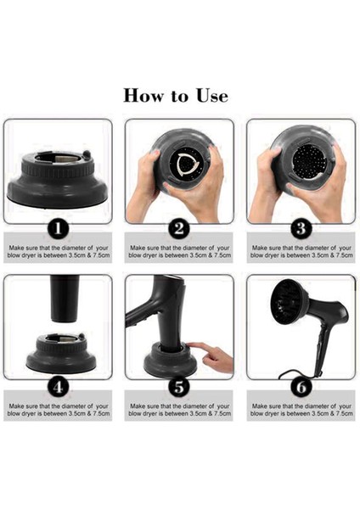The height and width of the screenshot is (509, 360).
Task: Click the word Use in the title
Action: [x=211, y=95]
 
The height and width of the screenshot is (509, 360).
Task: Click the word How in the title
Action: [x=143, y=95]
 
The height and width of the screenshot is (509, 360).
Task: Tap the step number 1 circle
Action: [x=58, y=229]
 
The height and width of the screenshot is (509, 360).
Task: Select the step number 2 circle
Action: [x=179, y=229]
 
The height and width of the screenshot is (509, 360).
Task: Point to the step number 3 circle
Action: [x=301, y=229]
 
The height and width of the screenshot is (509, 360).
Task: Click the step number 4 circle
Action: [x=58, y=387]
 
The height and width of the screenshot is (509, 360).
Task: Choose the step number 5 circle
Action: [x=179, y=387]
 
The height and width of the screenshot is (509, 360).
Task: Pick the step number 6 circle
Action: [x=301, y=387]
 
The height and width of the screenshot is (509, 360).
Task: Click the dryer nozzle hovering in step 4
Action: [x=65, y=299]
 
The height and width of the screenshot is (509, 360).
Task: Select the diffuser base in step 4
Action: [x=61, y=353]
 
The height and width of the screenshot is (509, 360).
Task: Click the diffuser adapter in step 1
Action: [x=58, y=178]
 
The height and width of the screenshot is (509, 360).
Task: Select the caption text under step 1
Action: [x=59, y=252]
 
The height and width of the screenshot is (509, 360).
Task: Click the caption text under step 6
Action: [x=301, y=410]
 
